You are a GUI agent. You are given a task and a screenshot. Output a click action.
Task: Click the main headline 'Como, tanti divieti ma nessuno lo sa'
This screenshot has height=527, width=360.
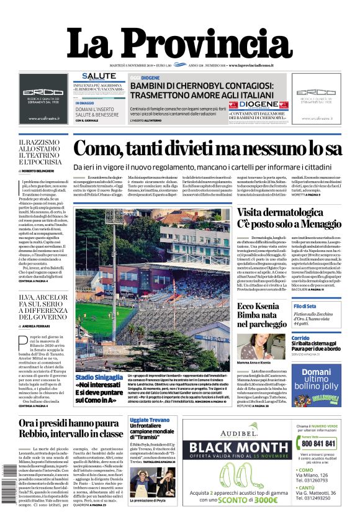[207, 149]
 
